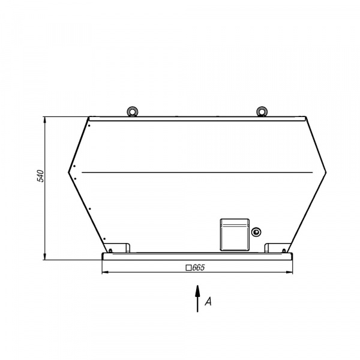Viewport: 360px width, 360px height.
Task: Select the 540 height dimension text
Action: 40,176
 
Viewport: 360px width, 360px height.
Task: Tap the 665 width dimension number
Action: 199,268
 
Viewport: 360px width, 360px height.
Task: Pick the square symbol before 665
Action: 188,268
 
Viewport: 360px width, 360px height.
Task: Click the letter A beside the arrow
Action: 208,301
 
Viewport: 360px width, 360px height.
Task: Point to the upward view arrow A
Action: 197,299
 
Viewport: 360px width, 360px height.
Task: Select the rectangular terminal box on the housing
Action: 235,235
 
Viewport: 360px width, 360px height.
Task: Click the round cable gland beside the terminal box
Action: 256,232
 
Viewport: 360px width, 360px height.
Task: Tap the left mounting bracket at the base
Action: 118,248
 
